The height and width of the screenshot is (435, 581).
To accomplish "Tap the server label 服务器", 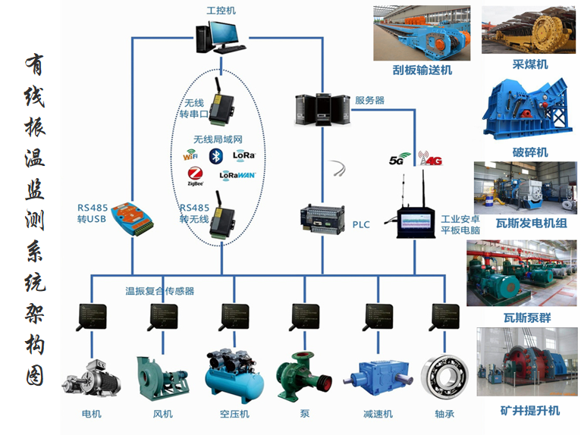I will point(369,100).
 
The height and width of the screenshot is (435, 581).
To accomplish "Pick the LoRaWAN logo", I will point(237,174).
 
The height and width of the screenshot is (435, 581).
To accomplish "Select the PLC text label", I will point(361,225).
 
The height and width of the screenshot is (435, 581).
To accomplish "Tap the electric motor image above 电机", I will point(91,377).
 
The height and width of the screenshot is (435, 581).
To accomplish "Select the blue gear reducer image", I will point(376,376).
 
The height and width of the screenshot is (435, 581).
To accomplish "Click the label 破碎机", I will point(530,153).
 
